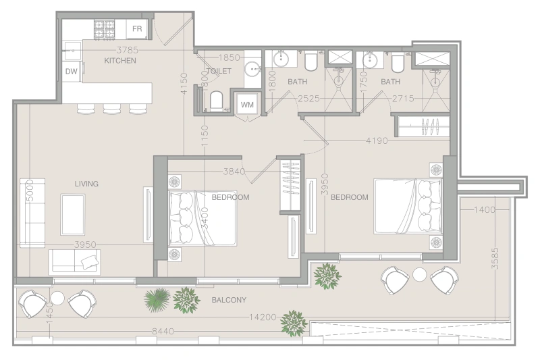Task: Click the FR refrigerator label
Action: point(137,28)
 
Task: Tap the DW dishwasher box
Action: point(71,71)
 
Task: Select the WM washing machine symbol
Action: point(246,104)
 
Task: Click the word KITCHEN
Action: point(120,61)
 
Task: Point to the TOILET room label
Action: point(219,71)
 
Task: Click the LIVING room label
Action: point(86,184)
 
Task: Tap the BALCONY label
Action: point(228,300)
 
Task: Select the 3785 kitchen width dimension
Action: point(128,49)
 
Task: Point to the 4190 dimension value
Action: point(377,140)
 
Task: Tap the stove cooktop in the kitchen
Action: point(104,28)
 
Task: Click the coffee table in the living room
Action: point(73,215)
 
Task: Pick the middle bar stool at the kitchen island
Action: point(111,107)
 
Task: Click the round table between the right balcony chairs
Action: point(420,274)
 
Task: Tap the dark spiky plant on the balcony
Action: point(157,299)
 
